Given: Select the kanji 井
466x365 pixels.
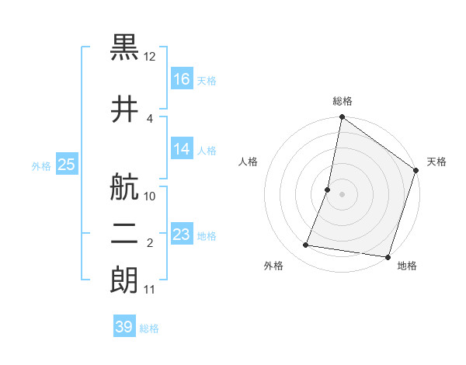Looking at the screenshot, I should point(125,107).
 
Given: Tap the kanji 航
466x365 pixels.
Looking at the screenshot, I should point(125,186).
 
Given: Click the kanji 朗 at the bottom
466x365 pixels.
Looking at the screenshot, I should point(125,280).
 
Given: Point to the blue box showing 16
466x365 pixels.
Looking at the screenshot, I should point(182,79).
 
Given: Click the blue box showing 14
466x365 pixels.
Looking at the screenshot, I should point(182,149).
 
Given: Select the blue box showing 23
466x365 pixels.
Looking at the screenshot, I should point(182,235).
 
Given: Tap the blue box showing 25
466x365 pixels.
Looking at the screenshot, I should point(66,165).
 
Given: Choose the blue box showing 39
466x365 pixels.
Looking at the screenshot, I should point(124,328).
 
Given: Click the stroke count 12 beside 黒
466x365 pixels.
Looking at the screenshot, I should point(150,57).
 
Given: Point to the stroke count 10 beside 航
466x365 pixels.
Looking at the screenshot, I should point(150,196).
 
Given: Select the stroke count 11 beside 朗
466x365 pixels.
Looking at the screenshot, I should point(150,290).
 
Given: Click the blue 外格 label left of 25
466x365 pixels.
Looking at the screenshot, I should point(41,165).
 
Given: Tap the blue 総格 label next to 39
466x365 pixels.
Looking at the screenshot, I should point(149,328).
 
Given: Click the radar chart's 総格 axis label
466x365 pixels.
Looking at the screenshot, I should point(343,101).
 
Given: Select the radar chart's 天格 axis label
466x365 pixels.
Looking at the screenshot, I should point(436,162).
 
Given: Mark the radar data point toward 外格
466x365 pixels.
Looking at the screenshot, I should point(306,245).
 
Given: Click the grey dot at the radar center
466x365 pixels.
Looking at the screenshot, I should point(342,194).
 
